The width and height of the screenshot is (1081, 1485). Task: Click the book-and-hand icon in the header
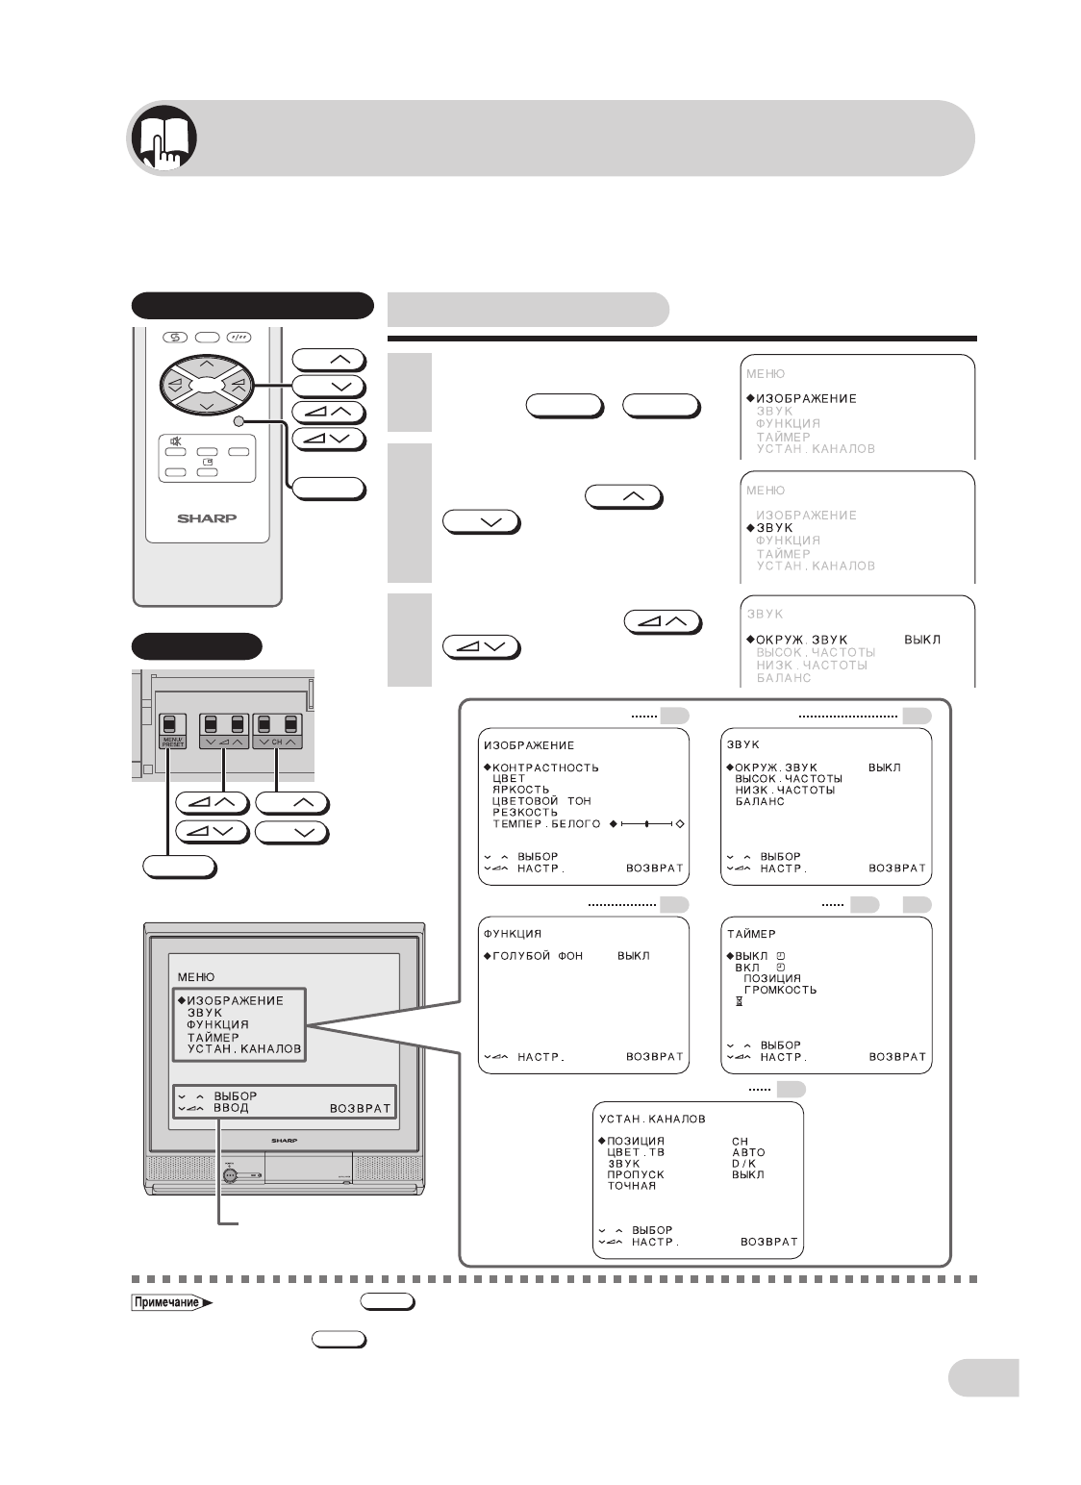coord(163,138)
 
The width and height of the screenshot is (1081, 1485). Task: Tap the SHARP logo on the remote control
coord(206,516)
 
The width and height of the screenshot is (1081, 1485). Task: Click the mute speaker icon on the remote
coord(176,442)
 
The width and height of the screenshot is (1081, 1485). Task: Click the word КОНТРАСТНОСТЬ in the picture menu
coord(545,768)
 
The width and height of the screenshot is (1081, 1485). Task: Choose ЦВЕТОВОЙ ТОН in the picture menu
coord(541,800)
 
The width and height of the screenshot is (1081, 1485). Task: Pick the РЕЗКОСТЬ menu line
coord(524,812)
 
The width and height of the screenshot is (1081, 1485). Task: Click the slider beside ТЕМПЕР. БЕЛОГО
coord(646,824)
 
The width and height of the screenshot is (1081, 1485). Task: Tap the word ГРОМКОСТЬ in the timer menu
coord(780,990)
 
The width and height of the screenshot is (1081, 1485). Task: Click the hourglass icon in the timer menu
coord(739,1002)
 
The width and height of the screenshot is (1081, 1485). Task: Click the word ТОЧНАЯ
coord(631,1186)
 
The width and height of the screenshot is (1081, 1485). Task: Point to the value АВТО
coord(748,1152)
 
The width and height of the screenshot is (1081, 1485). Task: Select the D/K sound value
coord(743,1164)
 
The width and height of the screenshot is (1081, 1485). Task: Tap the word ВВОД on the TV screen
coord(231,1108)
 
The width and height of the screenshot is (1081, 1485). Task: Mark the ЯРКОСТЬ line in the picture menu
coord(520,790)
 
